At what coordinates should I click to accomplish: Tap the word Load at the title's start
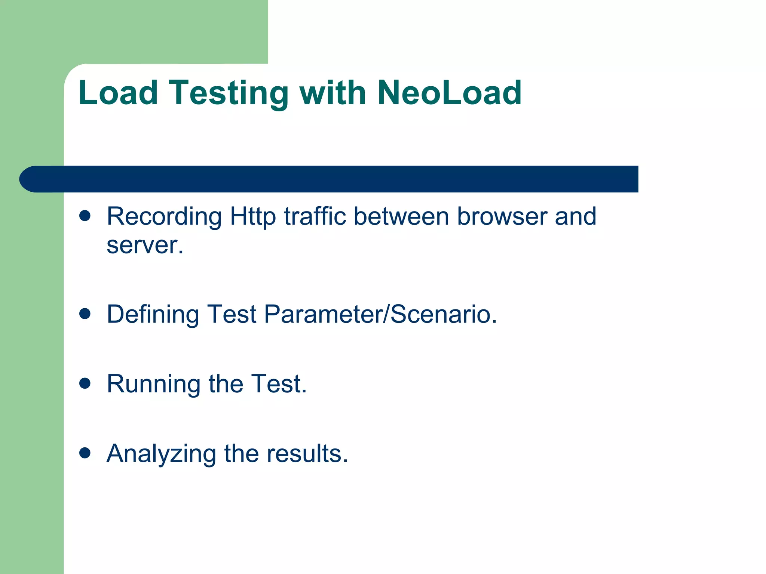(x=118, y=93)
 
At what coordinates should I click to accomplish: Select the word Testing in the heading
(x=229, y=93)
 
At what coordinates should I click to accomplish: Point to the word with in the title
(x=333, y=93)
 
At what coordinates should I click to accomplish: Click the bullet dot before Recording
(x=85, y=216)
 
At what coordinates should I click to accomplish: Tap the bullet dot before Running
(x=85, y=383)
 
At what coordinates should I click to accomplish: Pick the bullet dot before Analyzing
(x=85, y=453)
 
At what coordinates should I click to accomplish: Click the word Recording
(x=164, y=217)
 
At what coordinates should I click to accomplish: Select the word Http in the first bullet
(x=252, y=217)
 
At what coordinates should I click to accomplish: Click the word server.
(x=144, y=246)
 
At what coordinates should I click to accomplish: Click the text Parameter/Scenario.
(x=380, y=314)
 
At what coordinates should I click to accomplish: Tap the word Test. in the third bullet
(x=279, y=384)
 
